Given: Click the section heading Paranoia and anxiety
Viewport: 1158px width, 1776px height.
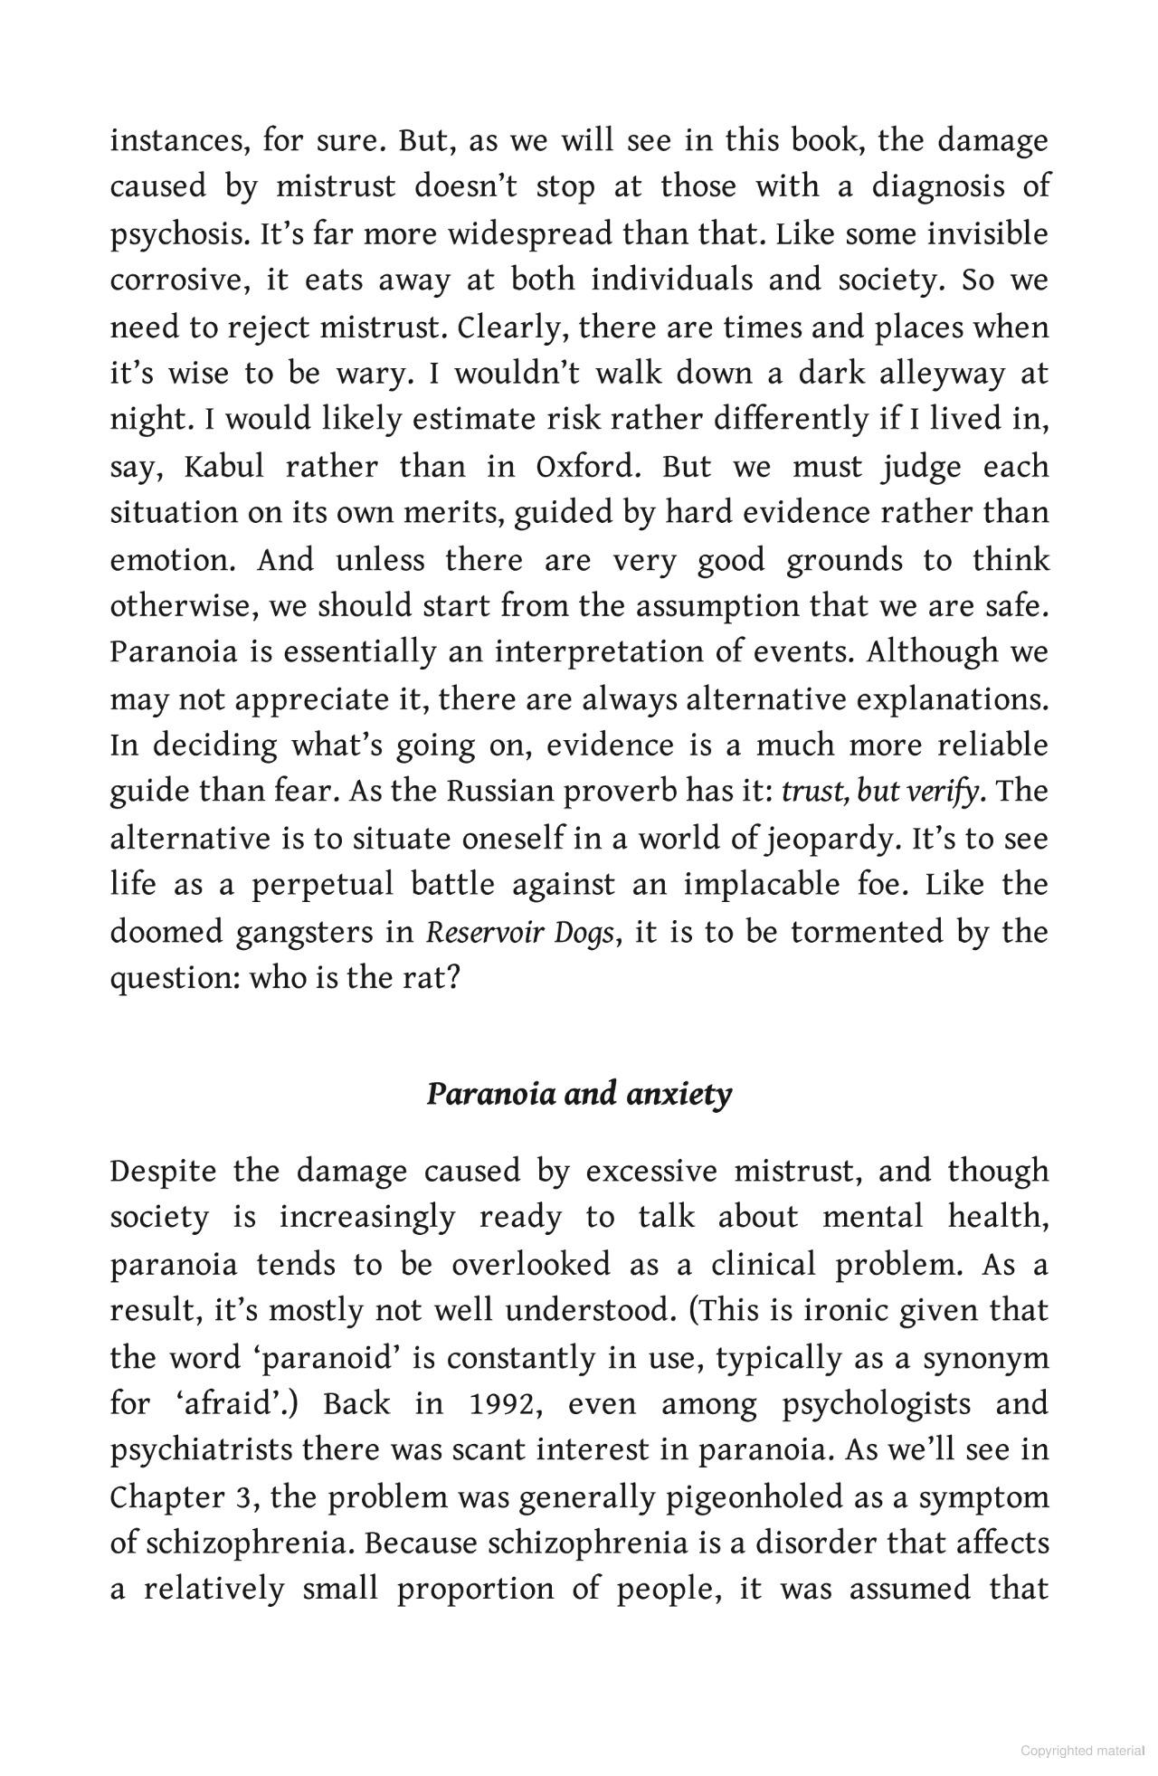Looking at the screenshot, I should coord(579,1094).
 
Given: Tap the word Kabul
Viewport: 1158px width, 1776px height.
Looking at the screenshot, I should coord(223,467).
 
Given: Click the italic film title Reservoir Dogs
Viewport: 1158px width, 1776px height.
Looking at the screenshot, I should coord(519,932).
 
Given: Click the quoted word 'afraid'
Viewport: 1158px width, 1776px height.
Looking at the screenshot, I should coord(235,1404).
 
